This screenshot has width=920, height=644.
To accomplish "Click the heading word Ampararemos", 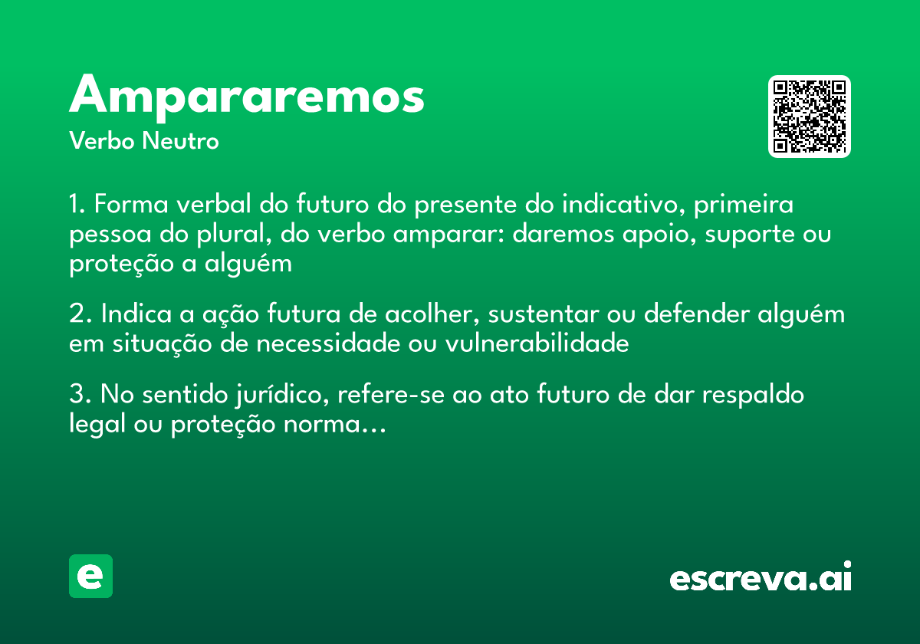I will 247,96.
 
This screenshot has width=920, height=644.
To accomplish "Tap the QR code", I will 810,117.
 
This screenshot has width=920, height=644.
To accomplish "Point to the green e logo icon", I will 90,576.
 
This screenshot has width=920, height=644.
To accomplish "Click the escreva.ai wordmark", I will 761,577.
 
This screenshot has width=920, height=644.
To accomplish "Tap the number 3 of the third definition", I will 76,396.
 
